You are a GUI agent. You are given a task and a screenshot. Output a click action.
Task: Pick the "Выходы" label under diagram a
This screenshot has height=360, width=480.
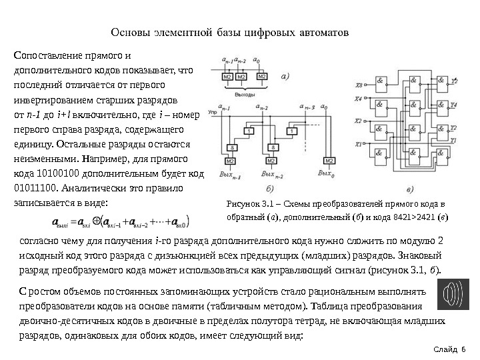click(245, 95)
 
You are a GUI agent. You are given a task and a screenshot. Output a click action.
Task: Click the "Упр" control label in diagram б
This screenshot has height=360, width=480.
click(213, 113)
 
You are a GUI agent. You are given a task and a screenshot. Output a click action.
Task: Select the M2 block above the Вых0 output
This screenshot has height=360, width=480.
click(327, 161)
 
